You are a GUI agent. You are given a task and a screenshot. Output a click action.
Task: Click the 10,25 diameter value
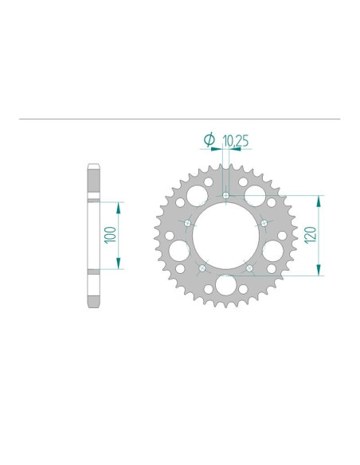click(237, 141)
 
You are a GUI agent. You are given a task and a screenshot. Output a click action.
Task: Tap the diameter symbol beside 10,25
click(209, 140)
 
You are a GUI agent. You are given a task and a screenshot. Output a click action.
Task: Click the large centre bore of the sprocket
click(225, 236)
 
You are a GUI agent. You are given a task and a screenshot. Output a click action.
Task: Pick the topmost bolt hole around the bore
click(225, 195)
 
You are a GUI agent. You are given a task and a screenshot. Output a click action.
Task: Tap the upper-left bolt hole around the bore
click(188, 224)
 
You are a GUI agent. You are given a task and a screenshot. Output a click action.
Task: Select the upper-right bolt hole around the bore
click(264, 224)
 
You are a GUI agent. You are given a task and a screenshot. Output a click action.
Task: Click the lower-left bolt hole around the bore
click(202, 268)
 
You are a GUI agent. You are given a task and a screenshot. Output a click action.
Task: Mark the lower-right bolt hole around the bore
click(249, 268)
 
